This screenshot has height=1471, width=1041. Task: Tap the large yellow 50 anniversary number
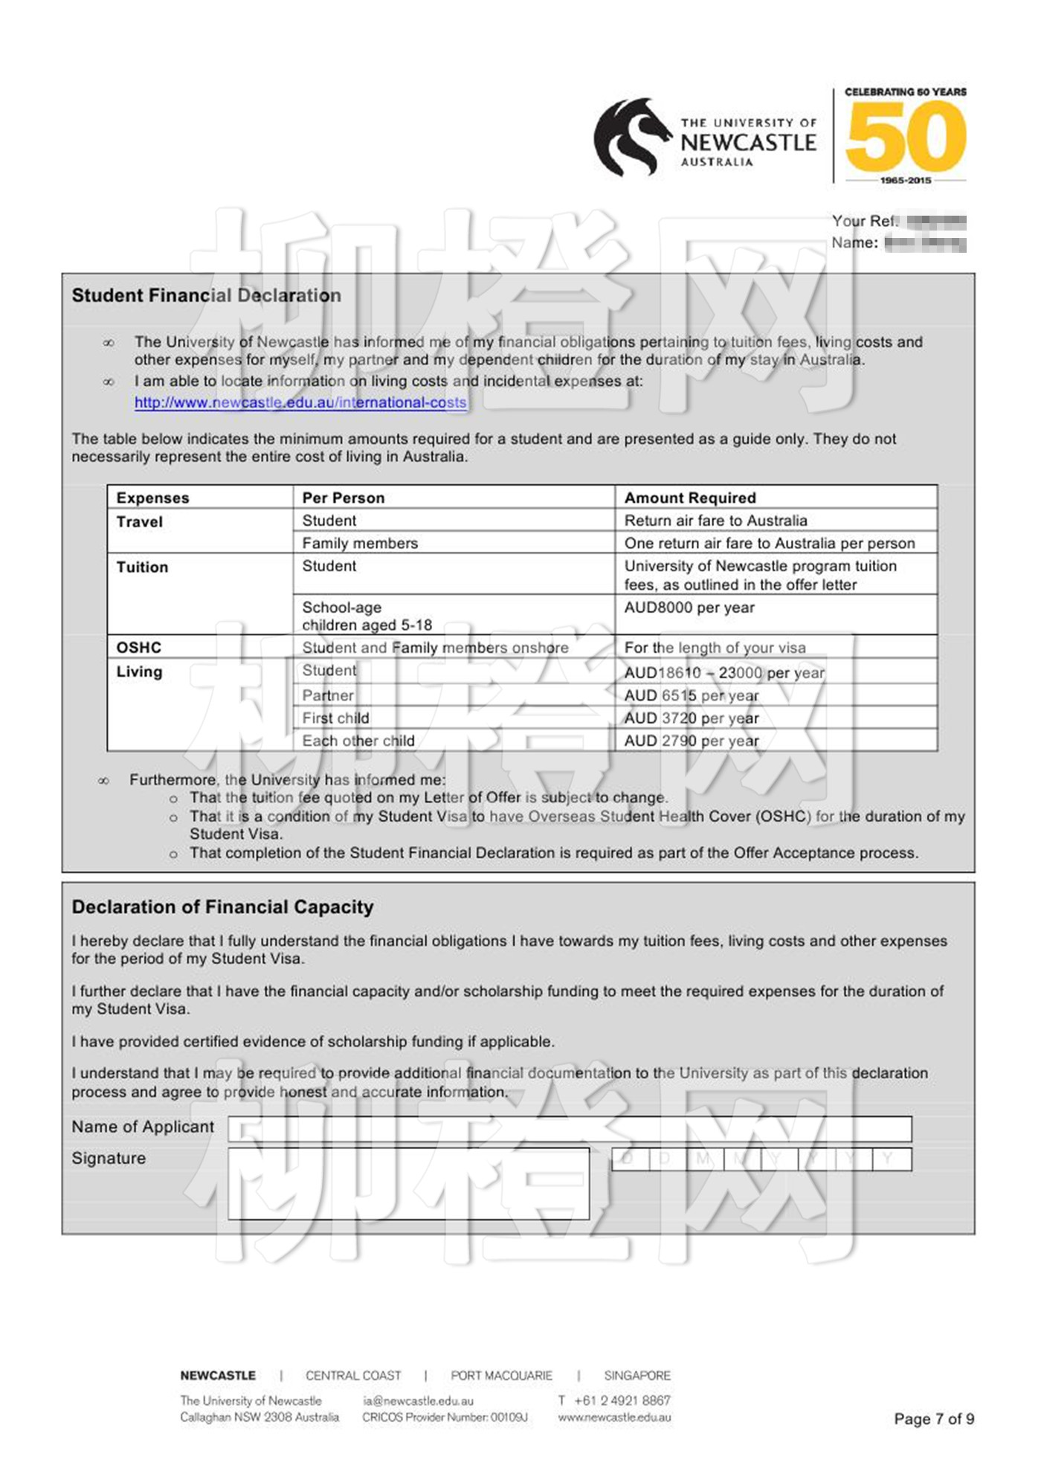point(905,136)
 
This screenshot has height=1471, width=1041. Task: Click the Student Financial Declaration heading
point(206,295)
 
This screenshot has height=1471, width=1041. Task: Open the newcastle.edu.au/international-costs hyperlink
point(300,402)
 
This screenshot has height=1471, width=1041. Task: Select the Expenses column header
point(152,498)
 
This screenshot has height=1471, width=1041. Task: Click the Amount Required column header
point(689,498)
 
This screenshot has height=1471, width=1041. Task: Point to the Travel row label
point(140,521)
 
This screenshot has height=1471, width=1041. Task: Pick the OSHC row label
point(138,647)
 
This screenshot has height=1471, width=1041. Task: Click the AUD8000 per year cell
point(689,608)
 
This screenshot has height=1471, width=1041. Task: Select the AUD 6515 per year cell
point(691,695)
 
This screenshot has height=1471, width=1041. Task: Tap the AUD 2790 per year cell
point(691,741)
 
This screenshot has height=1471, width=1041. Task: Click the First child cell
point(335,718)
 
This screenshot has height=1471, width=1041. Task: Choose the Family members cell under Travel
point(360,543)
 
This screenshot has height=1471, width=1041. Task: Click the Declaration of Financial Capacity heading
point(222,907)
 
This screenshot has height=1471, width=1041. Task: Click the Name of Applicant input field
point(569,1128)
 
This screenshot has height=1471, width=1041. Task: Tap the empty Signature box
point(408,1183)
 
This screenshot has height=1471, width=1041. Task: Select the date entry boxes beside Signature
point(761,1159)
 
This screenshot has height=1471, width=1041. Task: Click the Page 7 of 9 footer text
point(933,1418)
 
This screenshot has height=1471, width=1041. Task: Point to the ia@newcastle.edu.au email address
point(418,1400)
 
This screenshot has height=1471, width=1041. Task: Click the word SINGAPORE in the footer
point(636,1375)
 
